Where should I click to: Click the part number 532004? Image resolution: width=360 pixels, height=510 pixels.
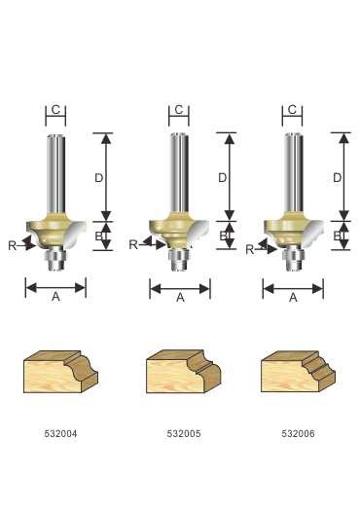click(x=61, y=433)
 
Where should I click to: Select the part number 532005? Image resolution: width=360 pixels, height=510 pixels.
click(x=184, y=433)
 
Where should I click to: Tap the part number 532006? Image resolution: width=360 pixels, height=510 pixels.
click(x=298, y=433)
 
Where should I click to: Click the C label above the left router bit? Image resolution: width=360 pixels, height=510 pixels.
click(x=55, y=110)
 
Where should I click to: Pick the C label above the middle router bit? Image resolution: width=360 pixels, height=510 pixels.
click(x=178, y=110)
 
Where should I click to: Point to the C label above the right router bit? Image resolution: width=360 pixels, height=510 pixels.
click(x=292, y=110)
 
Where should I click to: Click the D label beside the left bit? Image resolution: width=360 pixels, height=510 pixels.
click(x=99, y=178)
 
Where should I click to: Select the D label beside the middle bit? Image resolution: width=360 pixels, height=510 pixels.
click(x=223, y=178)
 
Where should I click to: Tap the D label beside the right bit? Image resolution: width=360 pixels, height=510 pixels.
click(x=338, y=178)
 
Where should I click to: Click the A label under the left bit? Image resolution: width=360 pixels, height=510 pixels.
click(x=55, y=297)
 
